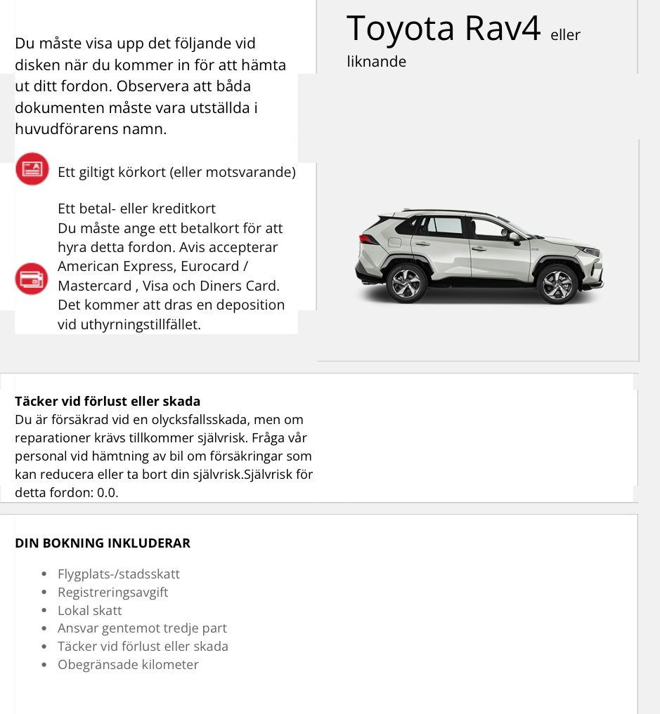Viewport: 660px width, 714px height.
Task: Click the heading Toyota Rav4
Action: click(444, 29)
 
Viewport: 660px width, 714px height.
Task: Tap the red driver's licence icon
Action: click(32, 169)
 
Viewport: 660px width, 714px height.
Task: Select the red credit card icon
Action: click(32, 279)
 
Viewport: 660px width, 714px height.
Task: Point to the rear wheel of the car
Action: click(407, 283)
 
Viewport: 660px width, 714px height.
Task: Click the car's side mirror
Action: click(515, 238)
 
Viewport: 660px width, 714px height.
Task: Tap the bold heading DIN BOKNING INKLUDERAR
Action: click(103, 543)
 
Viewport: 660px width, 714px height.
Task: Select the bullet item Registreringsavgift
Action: click(113, 593)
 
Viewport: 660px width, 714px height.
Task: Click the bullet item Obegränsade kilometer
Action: click(128, 665)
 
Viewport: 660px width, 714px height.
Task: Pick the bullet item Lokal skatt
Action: click(90, 611)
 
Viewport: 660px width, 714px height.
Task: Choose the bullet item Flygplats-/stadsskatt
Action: click(119, 574)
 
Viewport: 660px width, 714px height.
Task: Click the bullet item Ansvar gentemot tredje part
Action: click(142, 628)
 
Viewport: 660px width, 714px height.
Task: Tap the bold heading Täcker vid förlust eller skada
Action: click(108, 402)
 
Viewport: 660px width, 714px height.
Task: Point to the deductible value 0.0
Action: click(108, 493)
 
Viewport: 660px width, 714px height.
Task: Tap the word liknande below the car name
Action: click(377, 62)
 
